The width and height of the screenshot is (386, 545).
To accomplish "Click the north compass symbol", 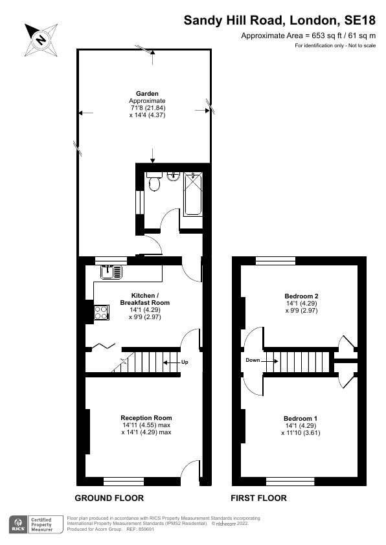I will point(41,40).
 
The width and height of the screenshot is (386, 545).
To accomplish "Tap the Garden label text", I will point(148,94).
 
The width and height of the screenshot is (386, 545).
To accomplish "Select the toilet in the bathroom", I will point(154,183).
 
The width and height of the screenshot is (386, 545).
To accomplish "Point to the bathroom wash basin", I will point(173,177).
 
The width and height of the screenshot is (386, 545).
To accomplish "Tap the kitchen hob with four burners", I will point(102,313).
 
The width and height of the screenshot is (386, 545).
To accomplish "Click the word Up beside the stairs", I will point(185,362).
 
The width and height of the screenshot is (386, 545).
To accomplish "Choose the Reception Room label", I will point(146,417).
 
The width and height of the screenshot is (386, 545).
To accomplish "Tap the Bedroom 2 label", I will point(301,296).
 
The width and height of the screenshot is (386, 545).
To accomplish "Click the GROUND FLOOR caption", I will point(109,498).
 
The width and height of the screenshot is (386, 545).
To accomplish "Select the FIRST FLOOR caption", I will point(259,498).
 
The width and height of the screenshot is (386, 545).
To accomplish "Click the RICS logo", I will point(17,524).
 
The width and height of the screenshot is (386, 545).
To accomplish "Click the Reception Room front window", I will point(124,480).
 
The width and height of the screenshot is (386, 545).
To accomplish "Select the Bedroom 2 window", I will point(275,261).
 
